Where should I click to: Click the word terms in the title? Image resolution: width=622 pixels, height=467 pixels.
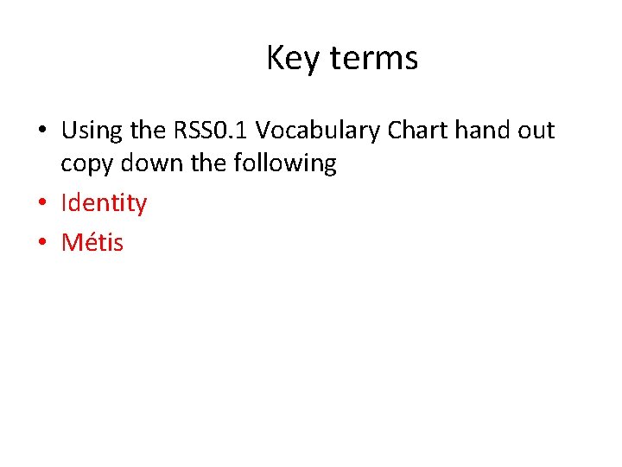pyautogui.click(x=374, y=59)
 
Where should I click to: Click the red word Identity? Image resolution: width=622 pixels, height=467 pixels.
pyautogui.click(x=104, y=204)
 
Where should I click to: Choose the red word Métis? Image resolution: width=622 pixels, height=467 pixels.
pyautogui.click(x=92, y=243)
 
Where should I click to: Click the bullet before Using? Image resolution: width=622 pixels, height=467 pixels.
pyautogui.click(x=41, y=131)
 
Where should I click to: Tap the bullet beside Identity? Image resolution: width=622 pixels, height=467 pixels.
pyautogui.click(x=41, y=204)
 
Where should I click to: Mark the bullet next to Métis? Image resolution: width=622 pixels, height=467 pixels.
pyautogui.click(x=41, y=243)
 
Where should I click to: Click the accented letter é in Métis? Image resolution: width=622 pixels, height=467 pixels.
pyautogui.click(x=90, y=243)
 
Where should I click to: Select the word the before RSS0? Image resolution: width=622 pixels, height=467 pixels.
pyautogui.click(x=149, y=131)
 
